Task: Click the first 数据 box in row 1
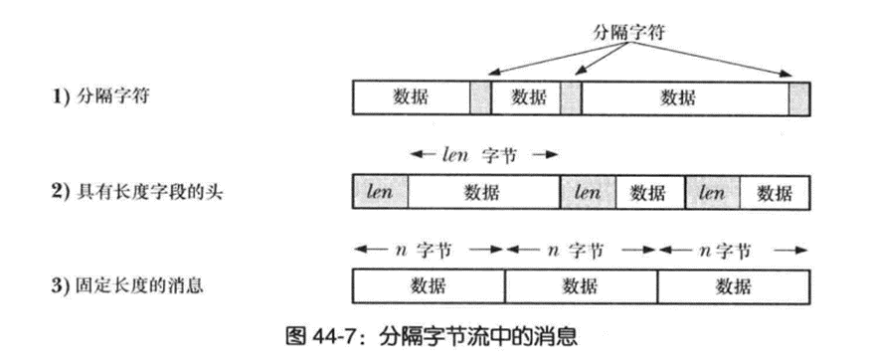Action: pos(412,97)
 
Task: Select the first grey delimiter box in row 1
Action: pos(480,97)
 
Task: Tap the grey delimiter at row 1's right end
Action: pos(799,97)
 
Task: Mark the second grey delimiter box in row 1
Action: pos(571,97)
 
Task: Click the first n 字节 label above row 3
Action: pos(429,250)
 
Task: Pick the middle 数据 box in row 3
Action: pos(582,287)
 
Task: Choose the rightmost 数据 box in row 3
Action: pos(734,287)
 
